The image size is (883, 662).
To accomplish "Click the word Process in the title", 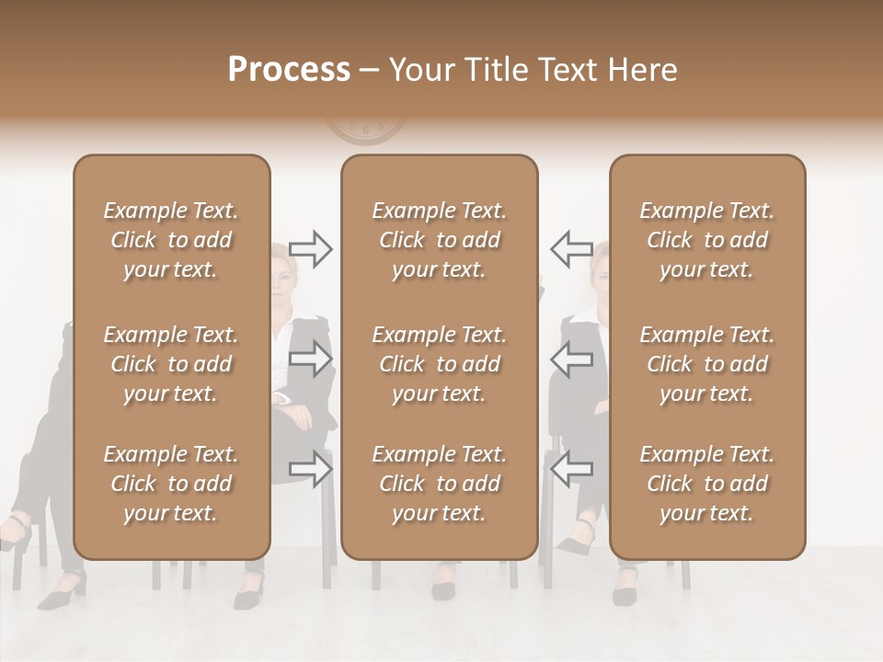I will tap(289, 70).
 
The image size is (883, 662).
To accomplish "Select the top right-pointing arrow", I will tap(310, 248).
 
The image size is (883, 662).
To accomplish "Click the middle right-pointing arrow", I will tap(310, 359).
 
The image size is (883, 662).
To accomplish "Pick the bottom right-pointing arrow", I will tap(310, 468).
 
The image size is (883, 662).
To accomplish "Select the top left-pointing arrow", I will tap(571, 248).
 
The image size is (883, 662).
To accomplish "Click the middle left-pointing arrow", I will tap(571, 359).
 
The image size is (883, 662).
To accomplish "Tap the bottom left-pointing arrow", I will tap(571, 468).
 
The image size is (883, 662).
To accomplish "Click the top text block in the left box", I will tap(171, 240).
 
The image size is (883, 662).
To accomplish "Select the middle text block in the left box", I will tap(171, 364).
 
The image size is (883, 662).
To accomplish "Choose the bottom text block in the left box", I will tap(171, 484).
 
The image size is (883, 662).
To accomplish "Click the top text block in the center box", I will tap(440, 240).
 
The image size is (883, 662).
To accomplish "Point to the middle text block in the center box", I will tap(440, 364).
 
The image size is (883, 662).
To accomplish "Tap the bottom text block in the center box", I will tap(440, 484).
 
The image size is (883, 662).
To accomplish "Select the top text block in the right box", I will tap(707, 240).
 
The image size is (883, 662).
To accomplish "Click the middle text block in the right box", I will tap(707, 364).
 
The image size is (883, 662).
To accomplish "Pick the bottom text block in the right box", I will tap(707, 484).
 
